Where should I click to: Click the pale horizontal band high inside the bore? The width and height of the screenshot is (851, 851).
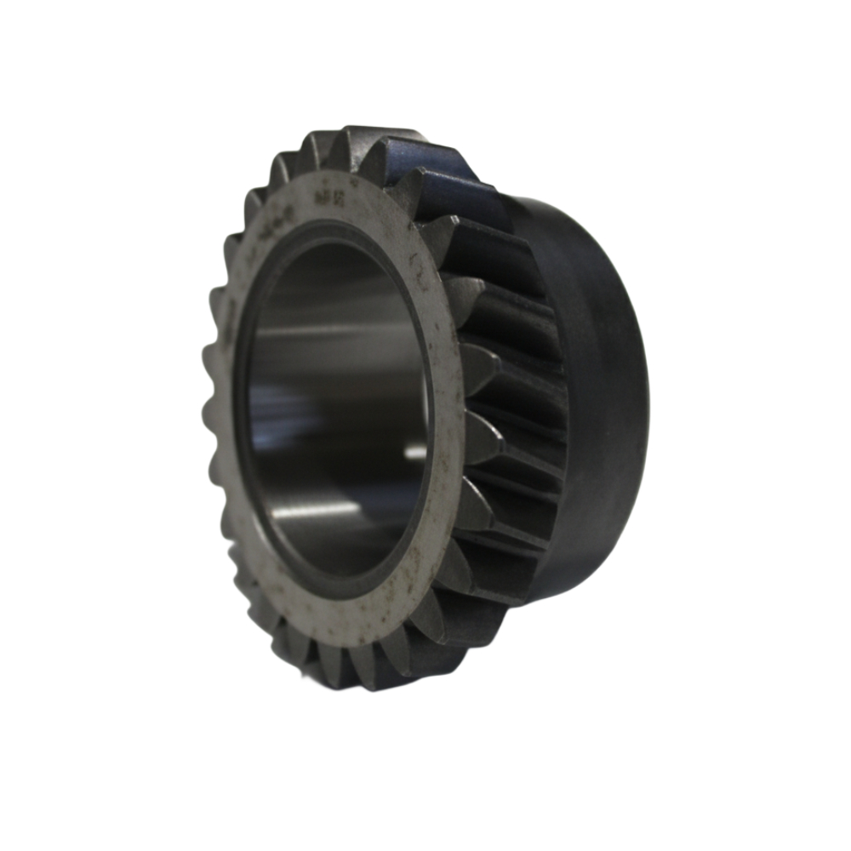pyautogui.click(x=332, y=328)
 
